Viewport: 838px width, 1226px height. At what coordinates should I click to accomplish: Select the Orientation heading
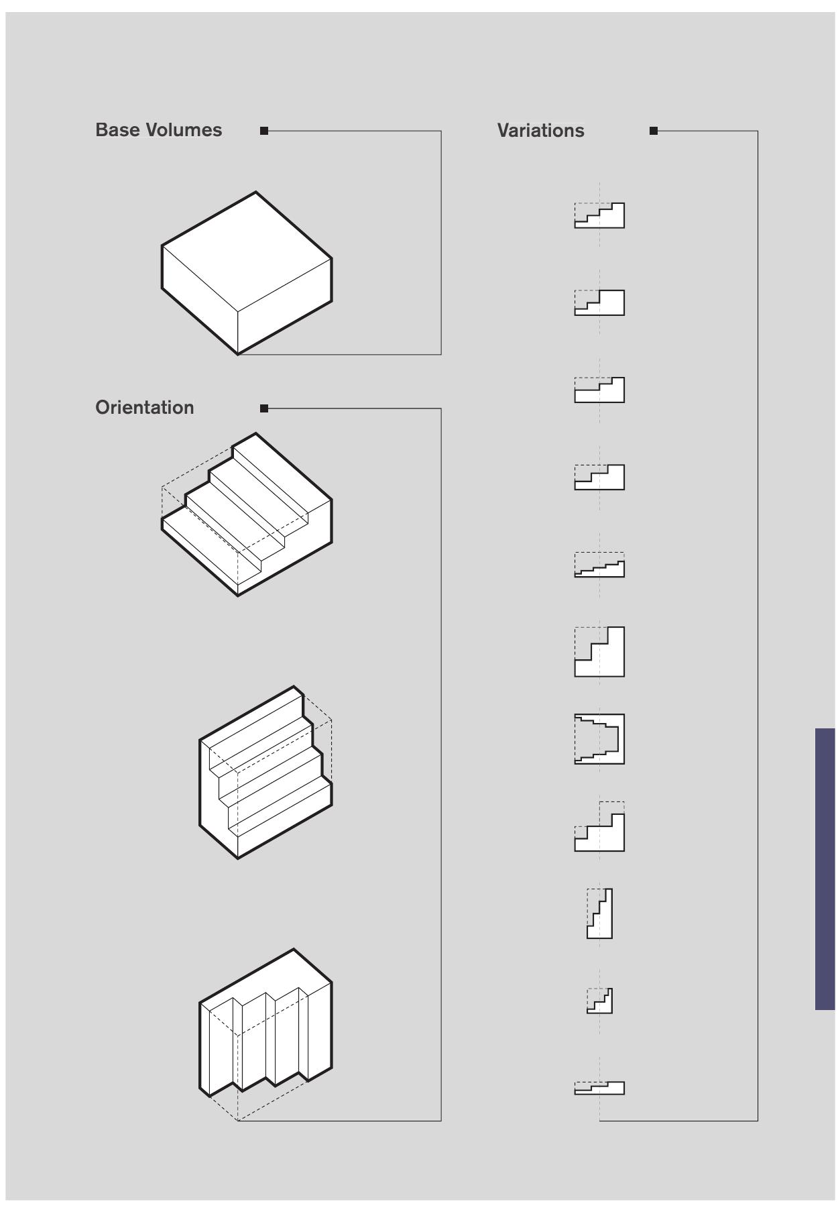pos(144,408)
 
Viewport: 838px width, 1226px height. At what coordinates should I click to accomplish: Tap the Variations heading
pos(540,131)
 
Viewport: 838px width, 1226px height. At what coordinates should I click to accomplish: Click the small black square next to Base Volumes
pos(264,131)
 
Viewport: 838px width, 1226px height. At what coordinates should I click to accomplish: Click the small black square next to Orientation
pos(264,408)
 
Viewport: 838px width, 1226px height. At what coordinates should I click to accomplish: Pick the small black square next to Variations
pos(654,131)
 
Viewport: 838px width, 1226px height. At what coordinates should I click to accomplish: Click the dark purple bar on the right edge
pos(825,869)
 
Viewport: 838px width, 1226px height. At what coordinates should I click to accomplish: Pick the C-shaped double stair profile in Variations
pos(599,739)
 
